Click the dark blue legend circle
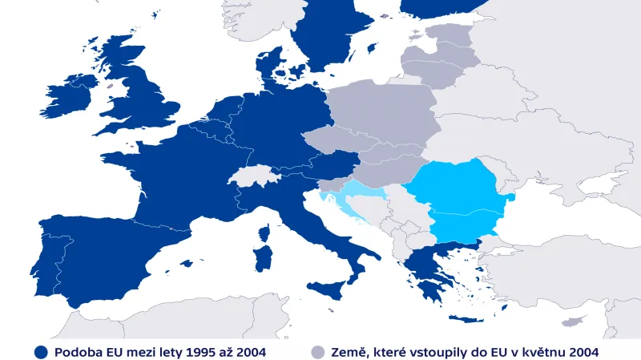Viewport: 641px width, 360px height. [x=41, y=352]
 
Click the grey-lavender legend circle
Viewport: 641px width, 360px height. [x=318, y=352]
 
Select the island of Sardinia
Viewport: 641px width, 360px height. [x=263, y=258]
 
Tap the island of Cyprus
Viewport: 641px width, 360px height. [x=572, y=321]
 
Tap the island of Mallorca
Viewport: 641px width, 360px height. [x=187, y=263]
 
